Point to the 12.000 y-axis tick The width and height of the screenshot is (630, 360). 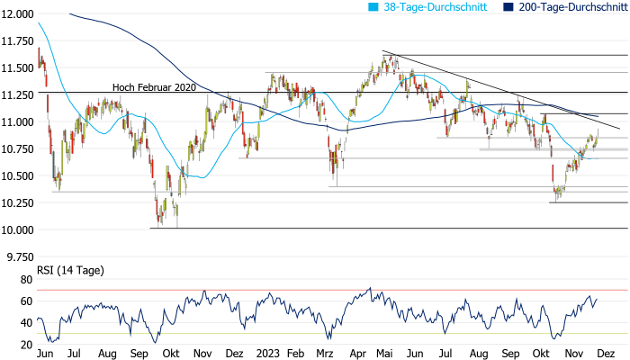17,13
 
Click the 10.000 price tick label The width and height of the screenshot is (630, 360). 17,229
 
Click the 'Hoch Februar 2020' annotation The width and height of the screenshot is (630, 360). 153,87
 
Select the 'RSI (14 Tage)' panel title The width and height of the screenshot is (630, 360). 67,269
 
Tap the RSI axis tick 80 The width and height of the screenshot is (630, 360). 27,280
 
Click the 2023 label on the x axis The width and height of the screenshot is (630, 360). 266,355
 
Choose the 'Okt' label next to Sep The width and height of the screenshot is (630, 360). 171,355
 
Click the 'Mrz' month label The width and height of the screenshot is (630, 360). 325,355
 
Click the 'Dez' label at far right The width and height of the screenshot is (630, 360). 607,355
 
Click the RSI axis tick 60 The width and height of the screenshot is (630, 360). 27,301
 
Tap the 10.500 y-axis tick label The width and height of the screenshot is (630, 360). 17,175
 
